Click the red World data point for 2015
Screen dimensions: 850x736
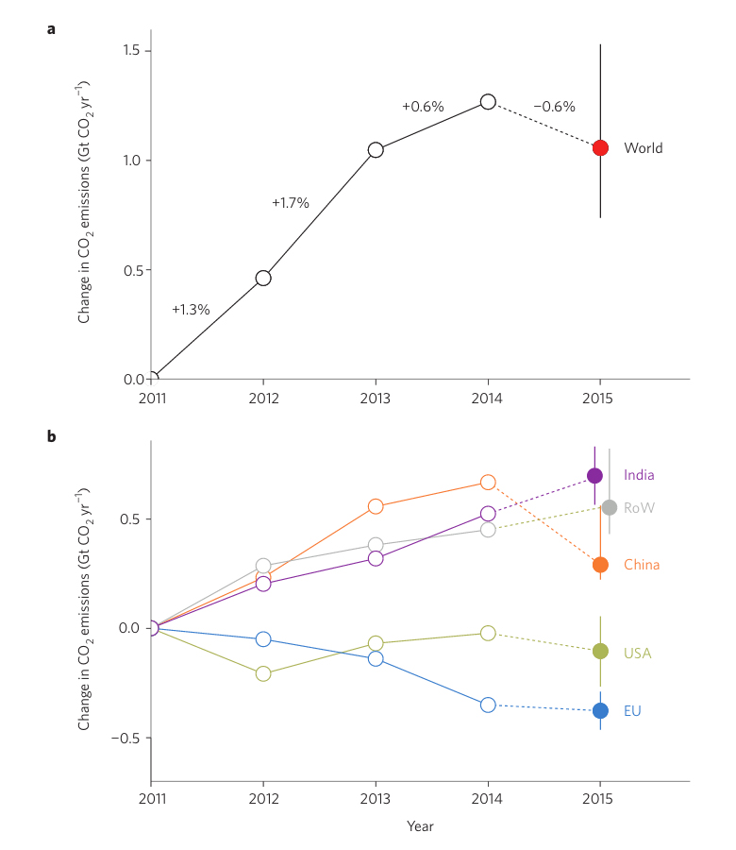[x=600, y=148]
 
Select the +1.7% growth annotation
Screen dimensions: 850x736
[x=291, y=202]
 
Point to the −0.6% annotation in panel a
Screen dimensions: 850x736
[x=554, y=107]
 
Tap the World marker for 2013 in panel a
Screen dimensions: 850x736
[x=376, y=149]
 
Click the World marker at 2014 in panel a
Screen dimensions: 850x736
[x=488, y=102]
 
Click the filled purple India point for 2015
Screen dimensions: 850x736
[x=594, y=476]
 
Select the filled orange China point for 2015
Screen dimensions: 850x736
[x=600, y=565]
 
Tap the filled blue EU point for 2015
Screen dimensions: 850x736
[x=600, y=711]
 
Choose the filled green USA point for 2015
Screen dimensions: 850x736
[x=600, y=652]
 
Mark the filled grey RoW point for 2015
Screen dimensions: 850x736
[x=610, y=507]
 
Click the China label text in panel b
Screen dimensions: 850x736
[x=642, y=565]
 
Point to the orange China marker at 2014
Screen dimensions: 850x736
[x=488, y=483]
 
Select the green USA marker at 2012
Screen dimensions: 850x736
[x=263, y=673]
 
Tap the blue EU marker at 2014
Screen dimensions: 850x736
[x=488, y=705]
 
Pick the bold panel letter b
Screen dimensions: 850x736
[x=51, y=436]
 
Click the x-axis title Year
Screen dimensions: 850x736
[x=420, y=826]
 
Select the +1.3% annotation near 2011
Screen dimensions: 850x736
[x=191, y=310]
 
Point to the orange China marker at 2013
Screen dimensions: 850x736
[x=376, y=506]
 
